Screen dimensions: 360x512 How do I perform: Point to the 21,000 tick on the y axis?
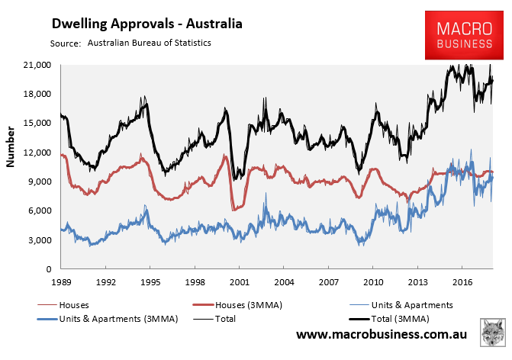[38, 65]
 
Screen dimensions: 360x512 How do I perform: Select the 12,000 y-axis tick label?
[38, 153]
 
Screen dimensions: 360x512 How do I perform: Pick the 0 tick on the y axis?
[49, 269]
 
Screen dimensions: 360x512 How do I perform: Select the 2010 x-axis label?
[373, 281]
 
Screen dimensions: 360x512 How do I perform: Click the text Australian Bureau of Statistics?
[150, 43]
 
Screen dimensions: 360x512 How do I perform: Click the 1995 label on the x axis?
[150, 281]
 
